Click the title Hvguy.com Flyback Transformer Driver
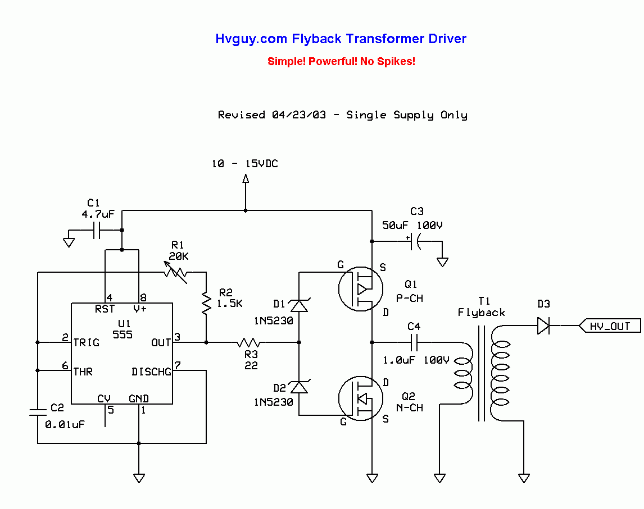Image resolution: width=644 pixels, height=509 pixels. [x=341, y=39]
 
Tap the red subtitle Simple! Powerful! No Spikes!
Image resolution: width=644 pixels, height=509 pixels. [x=341, y=61]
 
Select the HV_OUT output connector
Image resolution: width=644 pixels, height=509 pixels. [x=610, y=325]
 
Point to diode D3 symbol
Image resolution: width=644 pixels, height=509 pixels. [x=543, y=325]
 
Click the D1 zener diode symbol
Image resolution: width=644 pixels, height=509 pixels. [x=298, y=306]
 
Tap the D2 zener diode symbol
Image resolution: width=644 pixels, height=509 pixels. [x=298, y=387]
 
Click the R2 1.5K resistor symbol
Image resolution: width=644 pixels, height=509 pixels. [x=206, y=304]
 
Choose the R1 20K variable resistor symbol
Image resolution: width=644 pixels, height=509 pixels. [x=176, y=272]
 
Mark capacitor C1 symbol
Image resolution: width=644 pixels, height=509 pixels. [x=96, y=230]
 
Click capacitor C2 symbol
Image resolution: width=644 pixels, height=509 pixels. [x=38, y=412]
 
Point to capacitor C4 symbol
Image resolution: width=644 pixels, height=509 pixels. [x=414, y=342]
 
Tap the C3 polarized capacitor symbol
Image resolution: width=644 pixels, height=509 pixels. [x=414, y=241]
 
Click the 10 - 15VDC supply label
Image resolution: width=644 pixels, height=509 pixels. [x=244, y=164]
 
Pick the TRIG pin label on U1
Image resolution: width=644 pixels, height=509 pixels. [x=87, y=342]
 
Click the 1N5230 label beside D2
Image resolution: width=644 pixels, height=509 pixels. [x=274, y=402]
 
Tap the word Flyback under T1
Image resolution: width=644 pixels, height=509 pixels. [x=481, y=313]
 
